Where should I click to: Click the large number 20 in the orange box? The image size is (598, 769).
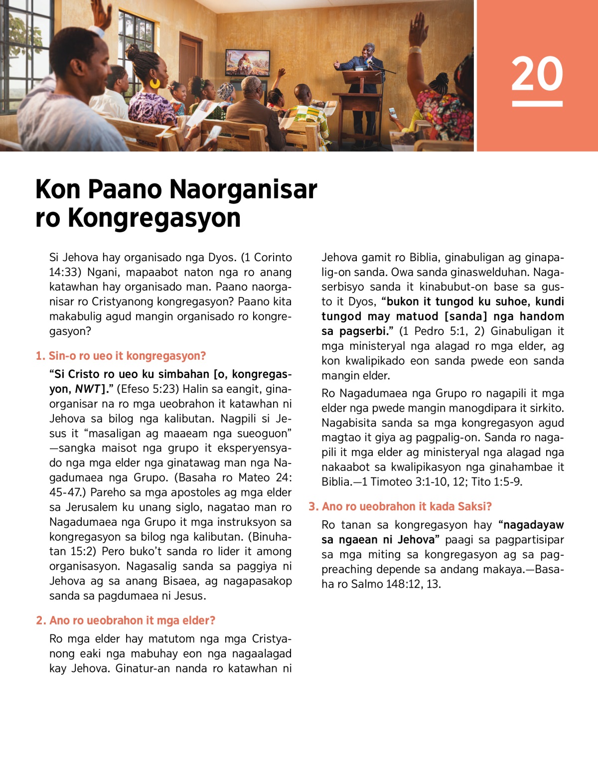pos(537,74)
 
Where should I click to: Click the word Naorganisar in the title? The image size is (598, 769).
pos(243,189)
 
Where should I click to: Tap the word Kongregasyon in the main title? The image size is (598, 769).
pos(154,218)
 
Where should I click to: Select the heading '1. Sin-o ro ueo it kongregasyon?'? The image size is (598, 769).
pos(121,356)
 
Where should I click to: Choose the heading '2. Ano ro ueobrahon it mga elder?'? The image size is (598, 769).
pos(126,620)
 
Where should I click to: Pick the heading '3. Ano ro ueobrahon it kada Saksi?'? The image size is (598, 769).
pos(400,506)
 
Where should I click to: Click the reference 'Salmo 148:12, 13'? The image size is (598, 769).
pos(396,584)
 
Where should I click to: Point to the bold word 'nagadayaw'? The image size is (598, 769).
pos(533,525)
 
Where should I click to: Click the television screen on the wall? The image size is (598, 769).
pos(248,63)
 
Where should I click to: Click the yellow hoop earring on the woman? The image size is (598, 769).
pos(155,83)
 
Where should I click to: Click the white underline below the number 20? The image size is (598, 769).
pos(537,104)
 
